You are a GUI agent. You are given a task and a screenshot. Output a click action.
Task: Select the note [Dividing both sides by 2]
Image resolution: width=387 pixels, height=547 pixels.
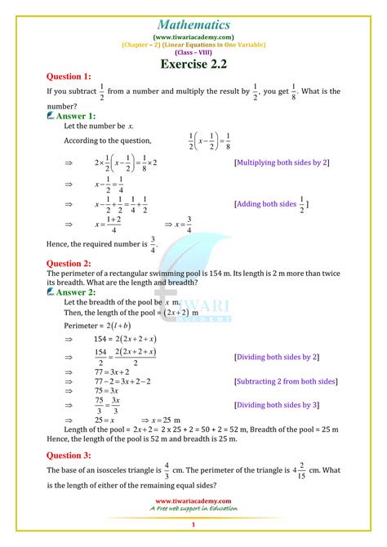click(x=276, y=357)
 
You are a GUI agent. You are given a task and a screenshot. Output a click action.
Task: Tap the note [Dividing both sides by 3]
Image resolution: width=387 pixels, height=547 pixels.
click(x=276, y=405)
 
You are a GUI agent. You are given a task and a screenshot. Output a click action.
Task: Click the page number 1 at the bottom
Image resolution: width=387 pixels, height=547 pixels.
click(x=193, y=526)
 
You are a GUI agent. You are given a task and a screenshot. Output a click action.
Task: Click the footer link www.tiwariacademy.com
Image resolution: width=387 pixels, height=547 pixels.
click(x=193, y=500)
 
